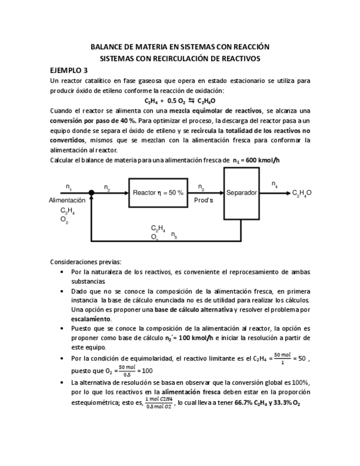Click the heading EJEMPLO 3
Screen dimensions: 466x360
pos(68,70)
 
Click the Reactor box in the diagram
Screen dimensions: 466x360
pos(158,192)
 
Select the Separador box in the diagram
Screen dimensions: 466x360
pos(241,192)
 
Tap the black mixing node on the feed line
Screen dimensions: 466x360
pos(92,192)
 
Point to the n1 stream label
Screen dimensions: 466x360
pos(69,186)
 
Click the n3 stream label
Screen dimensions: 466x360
pos(201,186)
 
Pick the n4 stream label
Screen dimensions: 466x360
pos(274,185)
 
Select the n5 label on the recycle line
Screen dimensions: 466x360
pos(174,235)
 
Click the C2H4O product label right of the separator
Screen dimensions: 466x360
pos(302,193)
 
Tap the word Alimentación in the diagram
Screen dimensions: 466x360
pos(67,201)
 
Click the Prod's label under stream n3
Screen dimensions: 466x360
pos(203,200)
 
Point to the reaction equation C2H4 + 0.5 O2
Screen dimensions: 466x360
pos(180,101)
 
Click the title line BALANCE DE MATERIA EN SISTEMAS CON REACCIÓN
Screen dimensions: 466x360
pos(180,47)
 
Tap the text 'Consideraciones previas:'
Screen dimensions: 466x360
pos(86,262)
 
